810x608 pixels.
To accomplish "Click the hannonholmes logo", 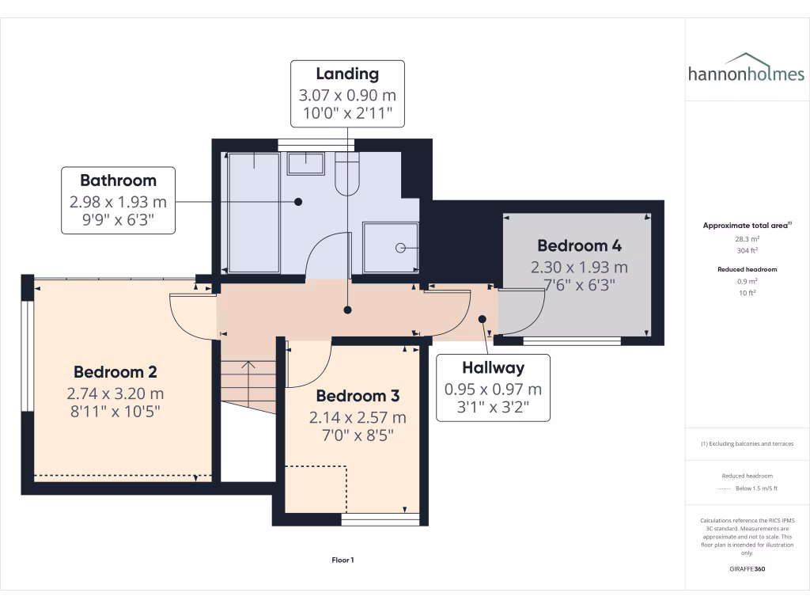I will click(x=746, y=69).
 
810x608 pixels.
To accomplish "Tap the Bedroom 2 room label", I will click(x=115, y=371).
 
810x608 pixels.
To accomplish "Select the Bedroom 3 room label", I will click(x=358, y=395).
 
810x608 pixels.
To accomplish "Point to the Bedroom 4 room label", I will click(x=579, y=245).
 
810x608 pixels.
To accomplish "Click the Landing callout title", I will click(x=347, y=74).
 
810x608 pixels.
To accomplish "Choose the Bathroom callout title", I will click(x=119, y=180).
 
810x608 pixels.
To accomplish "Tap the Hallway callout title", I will click(x=494, y=367).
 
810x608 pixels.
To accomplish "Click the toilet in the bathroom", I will click(x=347, y=174).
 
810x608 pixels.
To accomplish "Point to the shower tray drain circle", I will click(x=400, y=248).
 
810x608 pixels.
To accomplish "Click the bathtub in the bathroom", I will click(x=253, y=212).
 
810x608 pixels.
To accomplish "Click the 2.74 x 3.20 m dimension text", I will click(x=115, y=393).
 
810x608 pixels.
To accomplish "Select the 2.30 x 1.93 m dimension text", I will click(x=579, y=268).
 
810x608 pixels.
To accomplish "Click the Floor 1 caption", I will click(x=343, y=560).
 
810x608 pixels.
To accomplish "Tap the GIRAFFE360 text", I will click(x=748, y=568).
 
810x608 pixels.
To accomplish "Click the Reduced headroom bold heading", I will click(x=748, y=269).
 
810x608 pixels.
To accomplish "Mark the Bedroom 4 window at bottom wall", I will click(x=572, y=341).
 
